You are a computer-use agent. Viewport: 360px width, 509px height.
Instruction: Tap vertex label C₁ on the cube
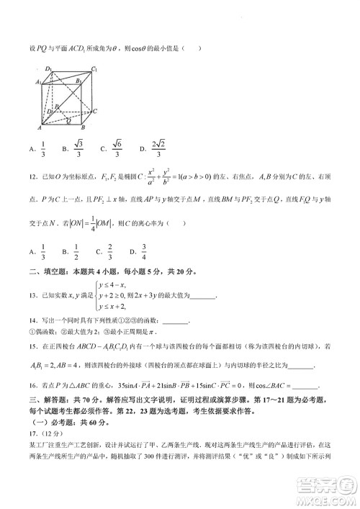coord(94,69)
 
